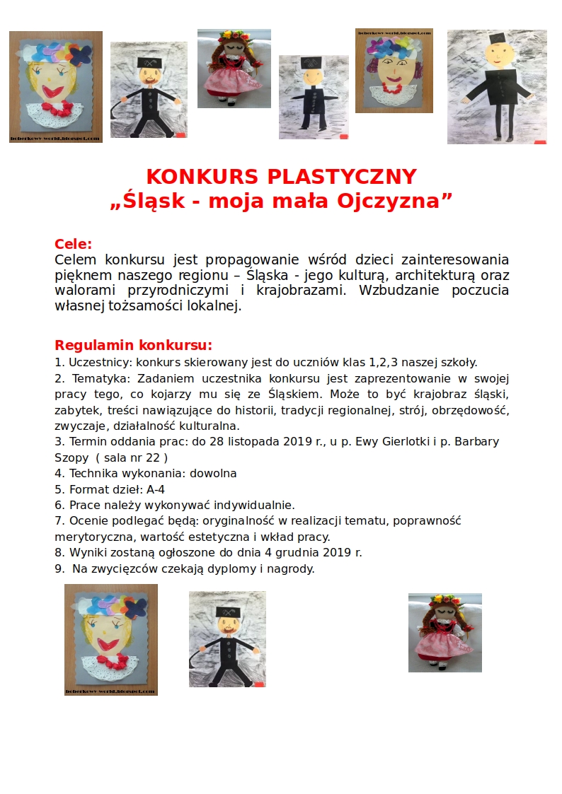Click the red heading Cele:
(74, 245)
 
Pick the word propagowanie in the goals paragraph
(258, 259)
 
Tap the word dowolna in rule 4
(211, 473)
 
